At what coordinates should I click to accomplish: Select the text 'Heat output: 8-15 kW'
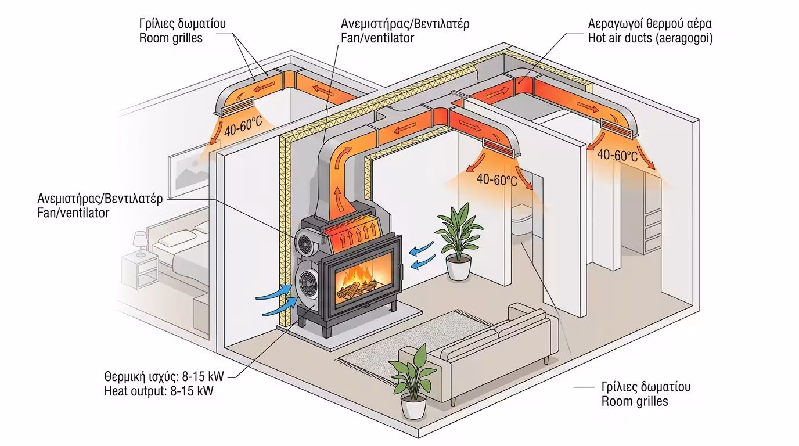coord(159,391)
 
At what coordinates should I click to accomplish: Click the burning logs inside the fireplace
coord(357,285)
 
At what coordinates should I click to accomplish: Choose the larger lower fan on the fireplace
coord(307,284)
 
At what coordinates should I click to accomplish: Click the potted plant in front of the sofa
coord(415,380)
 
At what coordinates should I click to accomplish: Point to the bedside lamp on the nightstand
coord(141,242)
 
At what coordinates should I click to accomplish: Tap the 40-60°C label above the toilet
coord(496,179)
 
